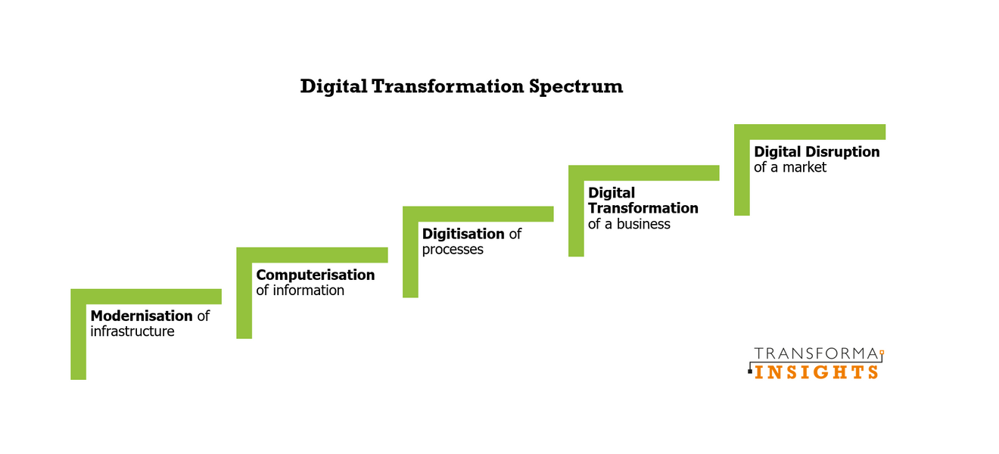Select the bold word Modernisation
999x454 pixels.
point(142,316)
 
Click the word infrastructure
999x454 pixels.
point(132,331)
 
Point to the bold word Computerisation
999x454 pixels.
point(316,275)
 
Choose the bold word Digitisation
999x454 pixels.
point(463,234)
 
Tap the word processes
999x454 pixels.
point(453,250)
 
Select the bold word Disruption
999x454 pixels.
point(842,151)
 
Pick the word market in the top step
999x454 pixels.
point(804,167)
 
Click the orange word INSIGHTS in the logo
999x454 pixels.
point(817,372)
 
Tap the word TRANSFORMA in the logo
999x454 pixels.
point(815,354)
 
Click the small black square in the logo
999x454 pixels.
point(750,372)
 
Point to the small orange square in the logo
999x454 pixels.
point(882,353)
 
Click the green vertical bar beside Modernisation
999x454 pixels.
point(78,340)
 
